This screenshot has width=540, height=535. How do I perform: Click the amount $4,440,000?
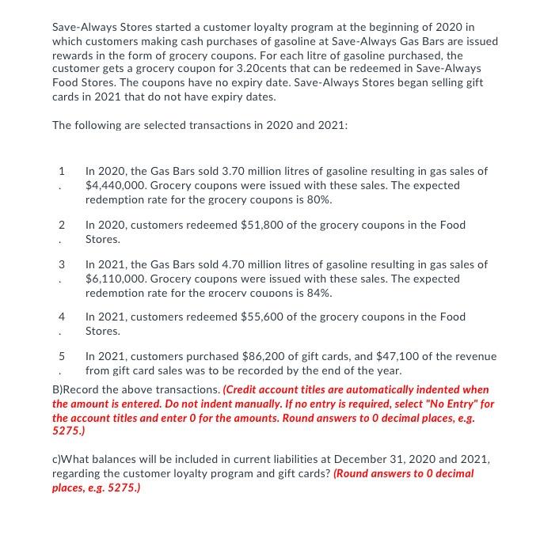(112, 184)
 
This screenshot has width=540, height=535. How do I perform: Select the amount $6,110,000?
(112, 279)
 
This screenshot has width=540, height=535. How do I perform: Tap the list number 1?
(61, 171)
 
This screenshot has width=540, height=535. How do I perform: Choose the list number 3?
(61, 264)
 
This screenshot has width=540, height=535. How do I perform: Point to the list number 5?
(61, 356)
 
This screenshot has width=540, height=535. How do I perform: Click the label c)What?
(71, 459)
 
